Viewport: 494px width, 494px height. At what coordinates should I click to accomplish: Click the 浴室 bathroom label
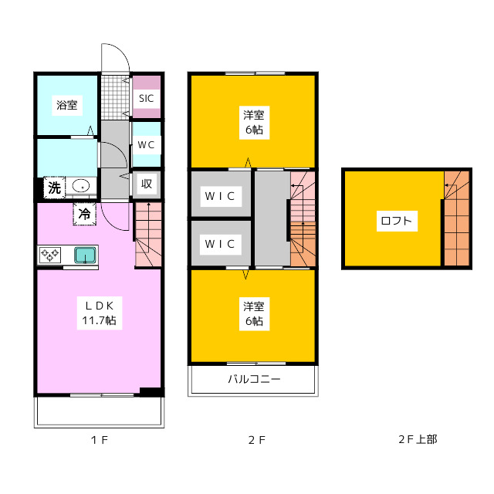tap(67, 105)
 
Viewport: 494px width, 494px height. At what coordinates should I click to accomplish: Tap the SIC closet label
tap(146, 98)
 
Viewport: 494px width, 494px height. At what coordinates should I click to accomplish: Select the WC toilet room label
tap(146, 145)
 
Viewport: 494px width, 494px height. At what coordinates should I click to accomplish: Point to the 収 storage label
tap(147, 184)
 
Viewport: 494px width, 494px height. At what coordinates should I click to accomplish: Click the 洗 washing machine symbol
tap(54, 188)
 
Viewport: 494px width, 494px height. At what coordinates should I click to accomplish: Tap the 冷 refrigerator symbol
tap(84, 215)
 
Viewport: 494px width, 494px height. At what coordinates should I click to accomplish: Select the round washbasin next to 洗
tap(80, 186)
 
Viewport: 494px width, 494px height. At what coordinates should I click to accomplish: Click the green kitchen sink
tap(85, 255)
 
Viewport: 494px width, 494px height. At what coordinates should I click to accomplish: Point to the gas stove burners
tap(49, 255)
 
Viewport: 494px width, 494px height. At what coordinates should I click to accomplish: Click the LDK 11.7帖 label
tap(100, 313)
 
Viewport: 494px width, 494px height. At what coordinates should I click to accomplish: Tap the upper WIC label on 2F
tap(220, 196)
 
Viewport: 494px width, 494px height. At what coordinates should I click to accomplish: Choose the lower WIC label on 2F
tap(220, 244)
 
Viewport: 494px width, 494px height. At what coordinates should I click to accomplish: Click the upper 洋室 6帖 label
tap(254, 122)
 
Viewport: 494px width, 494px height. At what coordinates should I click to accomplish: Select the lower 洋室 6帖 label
tap(254, 314)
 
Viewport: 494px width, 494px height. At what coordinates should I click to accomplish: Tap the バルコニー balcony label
tap(254, 379)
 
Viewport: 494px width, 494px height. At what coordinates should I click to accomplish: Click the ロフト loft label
tap(396, 221)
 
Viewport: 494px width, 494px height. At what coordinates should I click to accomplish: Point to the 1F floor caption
tap(100, 440)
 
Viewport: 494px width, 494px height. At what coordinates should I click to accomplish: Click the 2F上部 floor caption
tap(418, 439)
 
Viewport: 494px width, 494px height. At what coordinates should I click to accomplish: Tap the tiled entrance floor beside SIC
tap(115, 97)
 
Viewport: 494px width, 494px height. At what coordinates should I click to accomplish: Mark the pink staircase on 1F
tap(148, 235)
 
